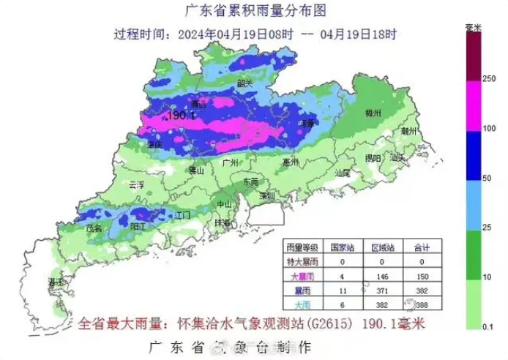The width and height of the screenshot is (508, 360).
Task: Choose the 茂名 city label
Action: pos(94,228)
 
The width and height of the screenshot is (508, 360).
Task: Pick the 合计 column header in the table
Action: pos(422,247)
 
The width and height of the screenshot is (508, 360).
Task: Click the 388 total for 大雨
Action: pos(422,303)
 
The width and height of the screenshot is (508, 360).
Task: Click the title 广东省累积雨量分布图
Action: pos(242,10)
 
